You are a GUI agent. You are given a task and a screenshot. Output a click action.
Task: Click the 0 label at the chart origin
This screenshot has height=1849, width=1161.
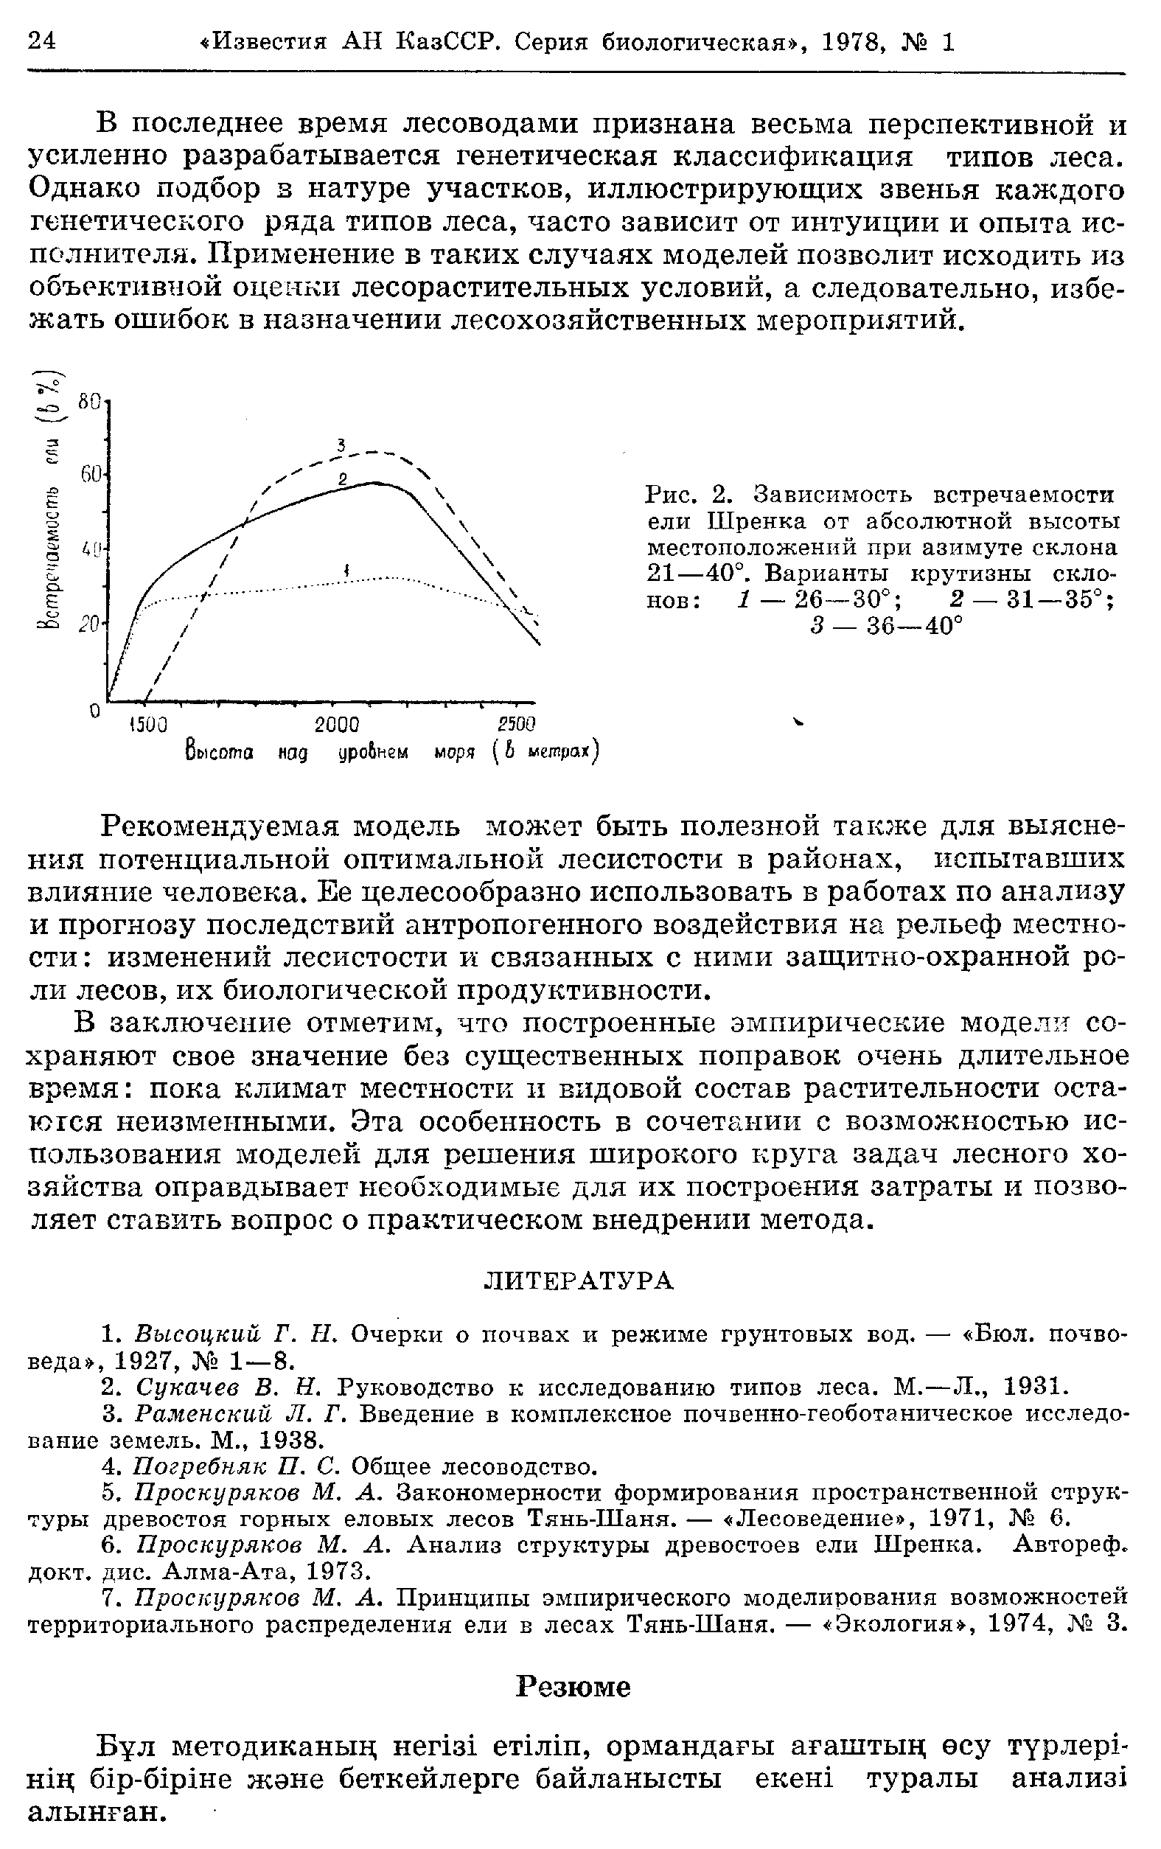[94, 711]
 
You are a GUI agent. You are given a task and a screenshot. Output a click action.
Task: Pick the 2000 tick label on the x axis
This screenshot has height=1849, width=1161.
[338, 724]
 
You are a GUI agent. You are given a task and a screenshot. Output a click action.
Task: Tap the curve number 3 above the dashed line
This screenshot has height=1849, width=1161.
[343, 445]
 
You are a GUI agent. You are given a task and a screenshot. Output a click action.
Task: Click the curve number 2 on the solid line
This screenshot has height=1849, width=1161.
[344, 479]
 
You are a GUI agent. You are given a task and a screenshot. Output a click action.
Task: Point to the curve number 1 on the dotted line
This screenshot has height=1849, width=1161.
[347, 569]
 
